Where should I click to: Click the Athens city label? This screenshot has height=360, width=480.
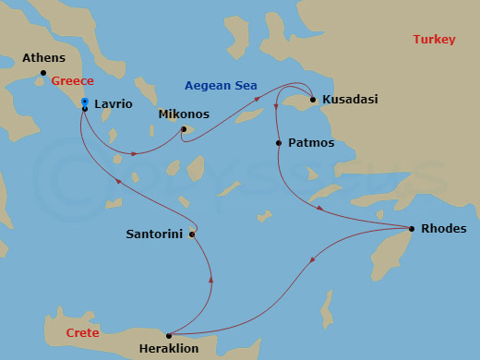[x=43, y=58]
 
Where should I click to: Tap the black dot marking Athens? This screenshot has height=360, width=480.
[x=42, y=72]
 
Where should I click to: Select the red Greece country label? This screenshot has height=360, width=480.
[x=72, y=81]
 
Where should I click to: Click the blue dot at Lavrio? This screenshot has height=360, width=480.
[x=84, y=102]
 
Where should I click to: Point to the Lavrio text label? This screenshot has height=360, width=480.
[x=113, y=105]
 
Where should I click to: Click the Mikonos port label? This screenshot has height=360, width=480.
[x=184, y=114]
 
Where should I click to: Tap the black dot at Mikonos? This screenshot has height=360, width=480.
[x=184, y=129]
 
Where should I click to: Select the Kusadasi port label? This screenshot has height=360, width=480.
[x=350, y=99]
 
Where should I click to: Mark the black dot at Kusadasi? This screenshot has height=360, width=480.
[x=313, y=100]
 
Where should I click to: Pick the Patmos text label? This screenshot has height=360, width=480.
[x=311, y=143]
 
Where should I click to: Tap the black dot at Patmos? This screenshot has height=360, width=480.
[x=279, y=143]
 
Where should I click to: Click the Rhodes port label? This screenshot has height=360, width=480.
[x=443, y=228]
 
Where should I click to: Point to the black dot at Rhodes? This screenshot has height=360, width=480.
[x=411, y=228]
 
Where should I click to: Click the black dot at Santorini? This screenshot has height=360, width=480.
[x=192, y=234]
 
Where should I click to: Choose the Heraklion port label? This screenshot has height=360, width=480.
[x=168, y=348]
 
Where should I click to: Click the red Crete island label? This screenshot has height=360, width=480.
[x=83, y=331]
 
